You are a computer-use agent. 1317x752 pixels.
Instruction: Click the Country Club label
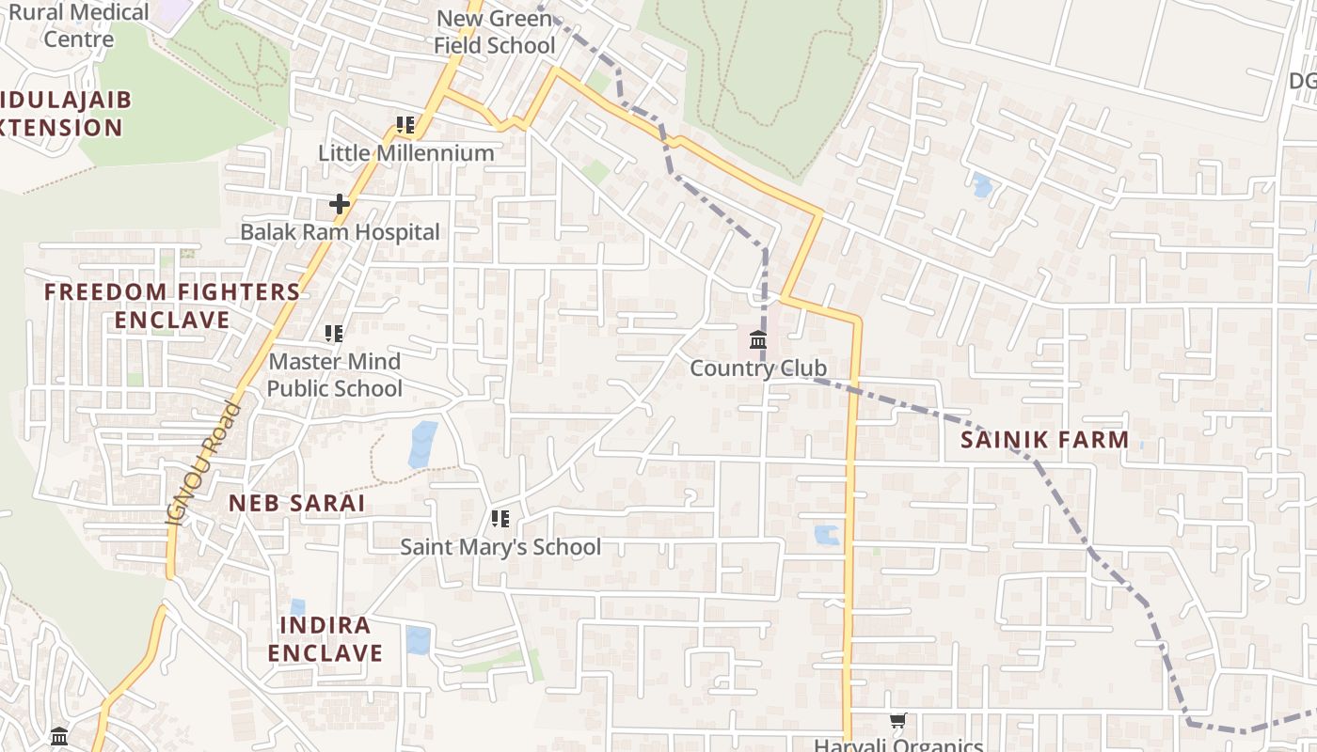pos(757,368)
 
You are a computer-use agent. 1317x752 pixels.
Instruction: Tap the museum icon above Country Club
pos(758,339)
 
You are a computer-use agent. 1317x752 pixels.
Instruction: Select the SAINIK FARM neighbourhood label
pos(1044,439)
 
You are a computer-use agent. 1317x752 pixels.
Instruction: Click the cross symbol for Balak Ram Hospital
pos(340,203)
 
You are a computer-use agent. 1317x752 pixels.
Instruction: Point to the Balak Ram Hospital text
pos(340,232)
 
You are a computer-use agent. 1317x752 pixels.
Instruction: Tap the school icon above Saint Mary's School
pos(500,518)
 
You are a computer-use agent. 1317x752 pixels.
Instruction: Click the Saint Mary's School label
pos(500,547)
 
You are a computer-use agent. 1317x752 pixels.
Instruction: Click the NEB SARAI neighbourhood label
pos(296,503)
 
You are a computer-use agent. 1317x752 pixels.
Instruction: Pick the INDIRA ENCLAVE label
pos(325,639)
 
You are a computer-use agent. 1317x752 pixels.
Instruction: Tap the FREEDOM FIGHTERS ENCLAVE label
pos(172,305)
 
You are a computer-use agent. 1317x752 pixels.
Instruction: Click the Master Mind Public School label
pos(334,375)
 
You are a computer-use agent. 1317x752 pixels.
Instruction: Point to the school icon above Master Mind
pos(334,333)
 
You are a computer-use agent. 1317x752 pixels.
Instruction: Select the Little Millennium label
pos(405,152)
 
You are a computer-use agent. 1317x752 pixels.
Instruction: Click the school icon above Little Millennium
pos(405,124)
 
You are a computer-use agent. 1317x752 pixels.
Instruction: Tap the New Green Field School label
pos(494,31)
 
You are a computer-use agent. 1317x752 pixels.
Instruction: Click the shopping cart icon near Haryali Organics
pos(897,721)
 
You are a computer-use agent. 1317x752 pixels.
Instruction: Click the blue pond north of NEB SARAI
pos(423,445)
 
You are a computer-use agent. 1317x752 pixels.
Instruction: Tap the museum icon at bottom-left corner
pos(59,736)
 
